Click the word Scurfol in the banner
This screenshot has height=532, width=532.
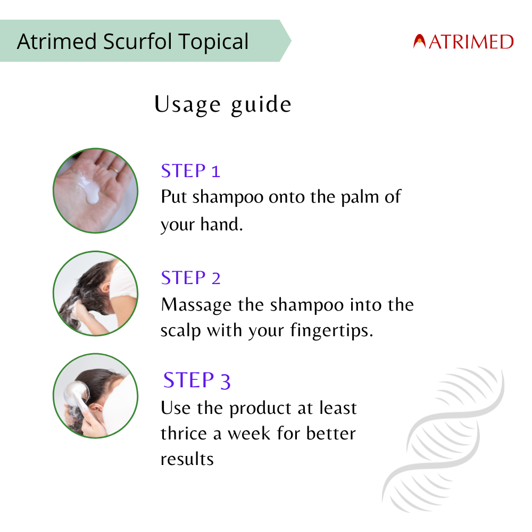pos(138,41)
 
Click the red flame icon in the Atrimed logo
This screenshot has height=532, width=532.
pos(419,41)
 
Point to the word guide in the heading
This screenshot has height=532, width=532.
pos(261,105)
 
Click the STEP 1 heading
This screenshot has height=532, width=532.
pos(190,171)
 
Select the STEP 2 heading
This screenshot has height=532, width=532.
pos(190,278)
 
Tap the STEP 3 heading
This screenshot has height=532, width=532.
pos(197,380)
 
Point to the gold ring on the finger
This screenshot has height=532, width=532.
pos(114,169)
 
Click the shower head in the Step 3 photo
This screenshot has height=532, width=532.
pos(76,394)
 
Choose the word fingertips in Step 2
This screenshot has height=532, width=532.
pos(332,331)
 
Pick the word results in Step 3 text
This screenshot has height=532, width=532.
pos(187,460)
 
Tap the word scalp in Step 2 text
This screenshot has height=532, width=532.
pos(181,331)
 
